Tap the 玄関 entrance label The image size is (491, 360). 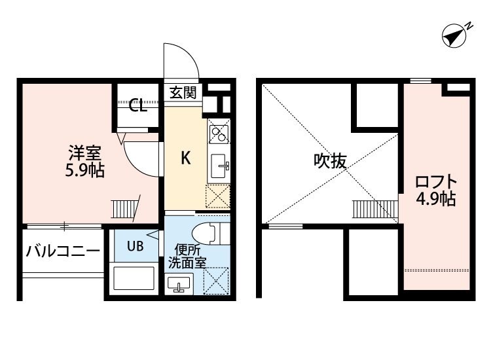(x=183, y=93)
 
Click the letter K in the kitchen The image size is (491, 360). (x=185, y=158)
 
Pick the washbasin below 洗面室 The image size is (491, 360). (x=179, y=284)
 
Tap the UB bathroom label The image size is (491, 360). (x=134, y=246)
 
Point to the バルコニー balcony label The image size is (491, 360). (x=63, y=251)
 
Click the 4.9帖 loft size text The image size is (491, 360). (x=436, y=199)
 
